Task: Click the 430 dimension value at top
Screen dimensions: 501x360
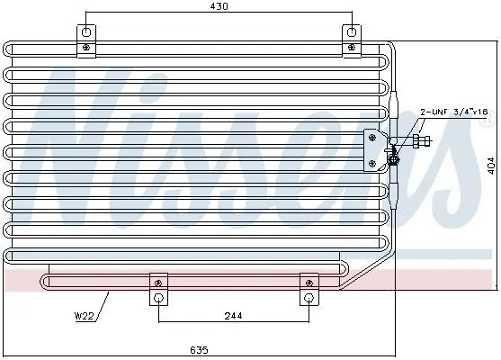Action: [219, 6]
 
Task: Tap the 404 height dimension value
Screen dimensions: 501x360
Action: [492, 165]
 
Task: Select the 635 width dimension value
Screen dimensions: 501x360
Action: [199, 350]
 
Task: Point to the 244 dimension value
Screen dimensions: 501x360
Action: [233, 316]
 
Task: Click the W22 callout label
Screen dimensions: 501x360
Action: [84, 316]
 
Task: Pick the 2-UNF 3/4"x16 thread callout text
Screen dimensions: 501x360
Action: [454, 112]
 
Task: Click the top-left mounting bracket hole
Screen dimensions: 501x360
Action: [86, 32]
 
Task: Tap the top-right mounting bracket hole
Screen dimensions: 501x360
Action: [352, 32]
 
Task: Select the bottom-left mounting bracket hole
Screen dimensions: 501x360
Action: [158, 298]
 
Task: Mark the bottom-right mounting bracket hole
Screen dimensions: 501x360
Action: [309, 298]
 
